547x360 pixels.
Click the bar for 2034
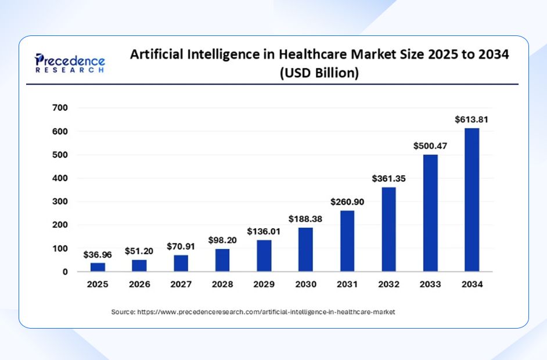[472, 200]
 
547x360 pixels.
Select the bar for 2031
[347, 241]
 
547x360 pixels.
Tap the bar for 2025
[98, 267]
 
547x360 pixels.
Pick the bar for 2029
[264, 255]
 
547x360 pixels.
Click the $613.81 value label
[471, 120]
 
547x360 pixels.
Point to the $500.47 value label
[430, 146]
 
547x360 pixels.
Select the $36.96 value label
[98, 254]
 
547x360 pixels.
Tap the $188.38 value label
[305, 219]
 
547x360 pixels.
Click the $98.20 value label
[222, 240]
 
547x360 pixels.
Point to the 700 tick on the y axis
[60, 108]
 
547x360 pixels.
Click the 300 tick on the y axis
[60, 201]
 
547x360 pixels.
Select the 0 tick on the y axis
[64, 272]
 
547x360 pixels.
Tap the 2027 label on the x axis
[181, 285]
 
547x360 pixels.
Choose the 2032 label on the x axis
[388, 285]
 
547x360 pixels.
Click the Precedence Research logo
[70, 62]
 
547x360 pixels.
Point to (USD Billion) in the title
[319, 73]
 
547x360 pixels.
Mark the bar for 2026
[139, 265]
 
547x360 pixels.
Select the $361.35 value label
[388, 179]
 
